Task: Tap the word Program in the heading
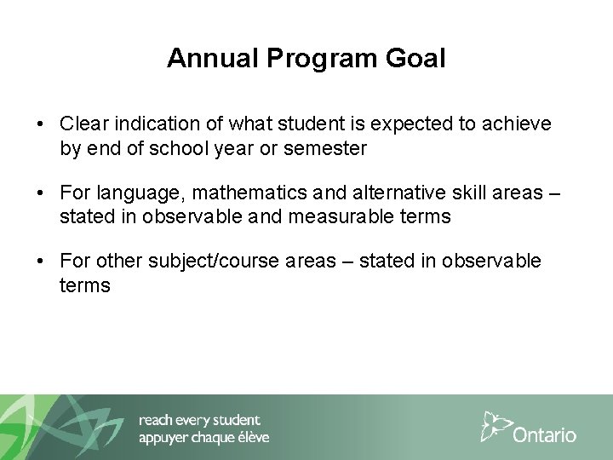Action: coord(304,58)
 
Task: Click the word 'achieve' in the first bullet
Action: coord(518,125)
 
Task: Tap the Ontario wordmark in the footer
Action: coord(545,434)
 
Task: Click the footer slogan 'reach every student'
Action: coord(199,420)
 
